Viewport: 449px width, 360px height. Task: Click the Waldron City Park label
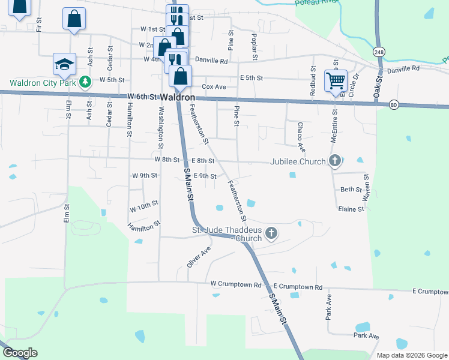(x=43, y=82)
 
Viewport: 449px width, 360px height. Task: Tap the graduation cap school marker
(x=64, y=64)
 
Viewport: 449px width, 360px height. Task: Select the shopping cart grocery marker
(x=336, y=80)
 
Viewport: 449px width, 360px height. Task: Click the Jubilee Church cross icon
(x=335, y=161)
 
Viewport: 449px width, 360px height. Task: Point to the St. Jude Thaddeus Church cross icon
(x=271, y=233)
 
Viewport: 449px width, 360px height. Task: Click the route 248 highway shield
(x=378, y=51)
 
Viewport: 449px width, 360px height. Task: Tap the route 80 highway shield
(x=393, y=104)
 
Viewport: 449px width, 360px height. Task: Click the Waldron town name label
(x=178, y=97)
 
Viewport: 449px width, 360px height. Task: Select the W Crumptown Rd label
(x=236, y=285)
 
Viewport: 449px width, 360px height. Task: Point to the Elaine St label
(x=351, y=209)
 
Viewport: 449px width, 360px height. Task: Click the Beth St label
(x=350, y=189)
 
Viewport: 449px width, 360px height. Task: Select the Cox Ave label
(x=214, y=87)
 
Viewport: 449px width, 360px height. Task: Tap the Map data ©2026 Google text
(x=412, y=355)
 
